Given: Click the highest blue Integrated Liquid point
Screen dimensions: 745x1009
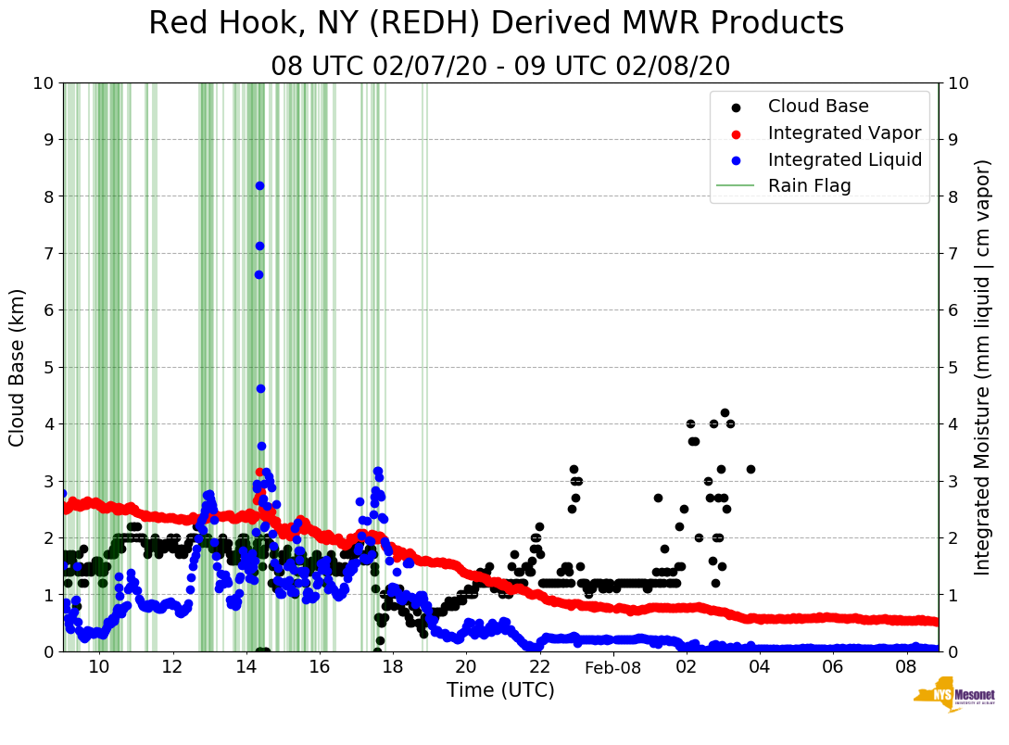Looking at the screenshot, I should pyautogui.click(x=259, y=186).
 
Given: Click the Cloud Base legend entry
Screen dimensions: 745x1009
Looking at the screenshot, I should pyautogui.click(x=818, y=107).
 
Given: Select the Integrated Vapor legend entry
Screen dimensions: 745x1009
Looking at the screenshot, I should pyautogui.click(x=844, y=133).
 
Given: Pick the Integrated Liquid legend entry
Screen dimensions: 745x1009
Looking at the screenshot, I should pyautogui.click(x=844, y=159).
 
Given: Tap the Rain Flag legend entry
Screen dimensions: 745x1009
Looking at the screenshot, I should pyautogui.click(x=809, y=185).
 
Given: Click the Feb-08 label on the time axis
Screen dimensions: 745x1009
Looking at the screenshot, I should pyautogui.click(x=612, y=667).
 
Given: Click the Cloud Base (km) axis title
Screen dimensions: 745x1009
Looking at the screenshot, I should pyautogui.click(x=18, y=367).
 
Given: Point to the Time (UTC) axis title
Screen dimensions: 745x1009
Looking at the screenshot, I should pyautogui.click(x=500, y=690).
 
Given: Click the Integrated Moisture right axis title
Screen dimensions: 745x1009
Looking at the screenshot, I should pyautogui.click(x=983, y=367).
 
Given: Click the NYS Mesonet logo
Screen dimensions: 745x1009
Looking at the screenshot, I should pyautogui.click(x=954, y=700).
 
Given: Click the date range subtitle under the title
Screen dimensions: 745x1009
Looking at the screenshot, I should pyautogui.click(x=500, y=66).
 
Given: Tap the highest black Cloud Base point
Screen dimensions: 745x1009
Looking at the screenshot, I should pyautogui.click(x=725, y=412).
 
